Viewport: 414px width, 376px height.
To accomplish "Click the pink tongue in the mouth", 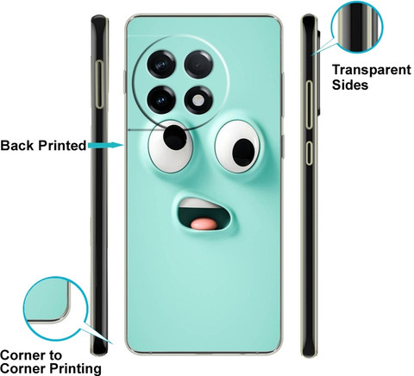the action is click(204, 224).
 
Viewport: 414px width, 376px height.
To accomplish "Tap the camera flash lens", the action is click(198, 100).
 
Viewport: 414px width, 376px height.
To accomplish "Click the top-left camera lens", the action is click(161, 64).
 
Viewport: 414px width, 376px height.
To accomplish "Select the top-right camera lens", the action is click(198, 64).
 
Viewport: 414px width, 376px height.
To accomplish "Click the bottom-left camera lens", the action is click(161, 100).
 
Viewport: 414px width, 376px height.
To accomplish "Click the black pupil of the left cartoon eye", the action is click(175, 137).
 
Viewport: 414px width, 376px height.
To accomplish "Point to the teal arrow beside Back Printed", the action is click(105, 145).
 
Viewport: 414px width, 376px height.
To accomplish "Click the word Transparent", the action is click(372, 70).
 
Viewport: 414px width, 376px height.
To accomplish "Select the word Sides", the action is click(350, 85).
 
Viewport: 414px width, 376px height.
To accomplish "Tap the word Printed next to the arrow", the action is click(62, 146).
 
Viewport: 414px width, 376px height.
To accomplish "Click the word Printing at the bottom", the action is click(75, 368).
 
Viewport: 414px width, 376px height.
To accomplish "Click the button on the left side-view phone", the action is click(100, 85).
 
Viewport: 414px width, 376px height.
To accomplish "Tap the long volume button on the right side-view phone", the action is click(309, 104).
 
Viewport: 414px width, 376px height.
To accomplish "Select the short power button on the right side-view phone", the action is click(309, 153).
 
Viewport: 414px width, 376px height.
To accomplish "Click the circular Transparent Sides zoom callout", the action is click(357, 27).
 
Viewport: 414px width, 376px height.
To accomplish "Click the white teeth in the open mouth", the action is click(198, 204).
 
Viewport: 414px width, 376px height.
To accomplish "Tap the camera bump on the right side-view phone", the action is click(319, 72).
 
